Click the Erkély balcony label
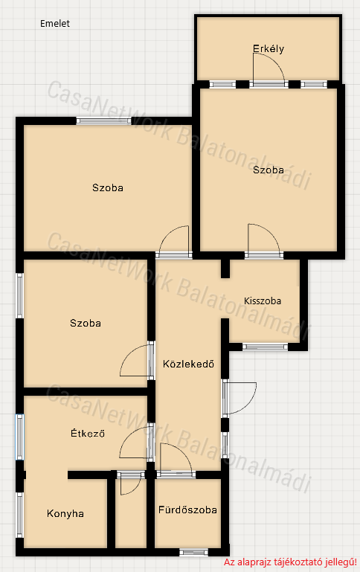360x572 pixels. (269, 49)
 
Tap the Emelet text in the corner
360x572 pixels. (55, 24)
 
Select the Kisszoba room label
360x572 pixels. (263, 301)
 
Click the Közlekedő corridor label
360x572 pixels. (188, 364)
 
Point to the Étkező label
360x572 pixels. (88, 433)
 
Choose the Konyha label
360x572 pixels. (65, 514)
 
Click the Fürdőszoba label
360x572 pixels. (187, 510)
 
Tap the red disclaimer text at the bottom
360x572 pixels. (290, 562)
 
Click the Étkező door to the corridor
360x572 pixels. (135, 442)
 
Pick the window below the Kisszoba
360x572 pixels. (266, 347)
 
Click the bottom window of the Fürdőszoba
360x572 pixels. (193, 553)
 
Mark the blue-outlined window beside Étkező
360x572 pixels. (19, 437)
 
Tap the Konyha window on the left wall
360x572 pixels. (19, 515)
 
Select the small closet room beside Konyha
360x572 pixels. (131, 513)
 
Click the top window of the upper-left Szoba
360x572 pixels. (103, 121)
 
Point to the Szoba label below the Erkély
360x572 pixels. (269, 170)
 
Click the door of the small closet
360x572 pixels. (130, 484)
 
